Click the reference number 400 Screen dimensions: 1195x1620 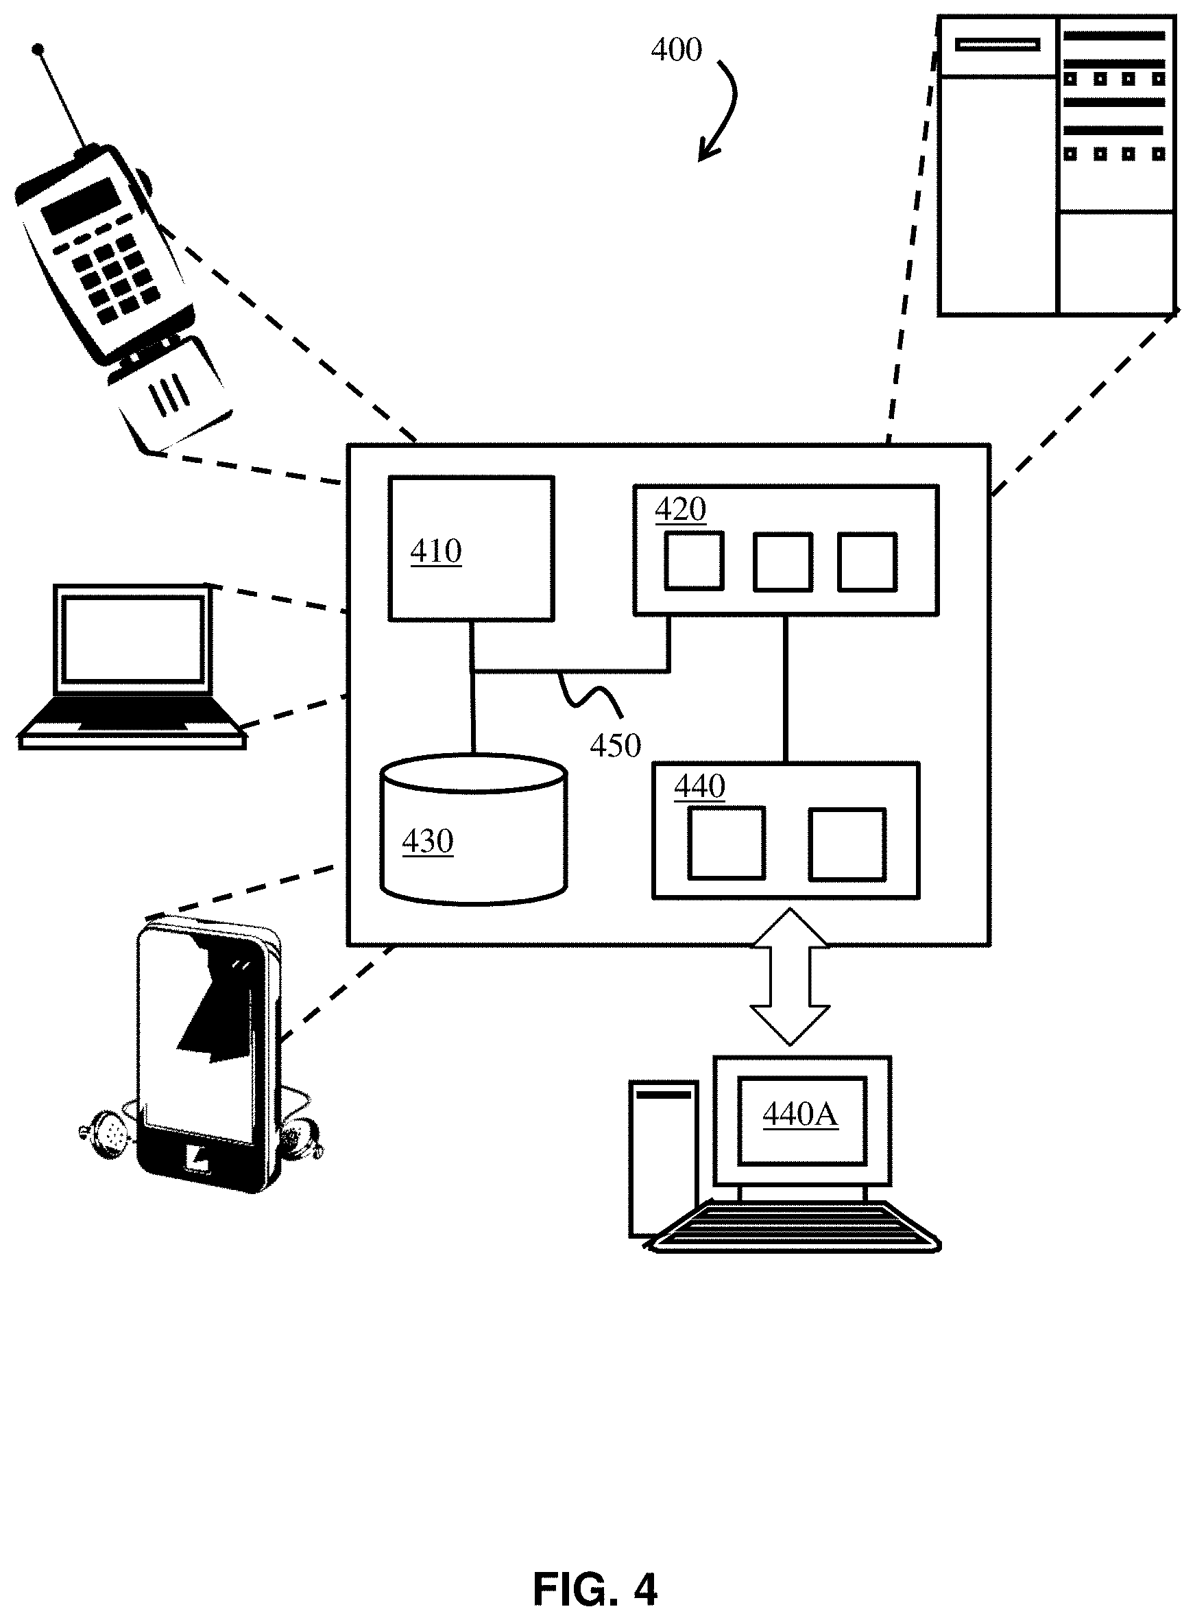[x=677, y=50]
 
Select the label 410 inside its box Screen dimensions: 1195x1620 [x=435, y=551]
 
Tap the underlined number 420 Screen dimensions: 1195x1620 [x=680, y=510]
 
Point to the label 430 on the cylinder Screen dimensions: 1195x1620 [x=428, y=842]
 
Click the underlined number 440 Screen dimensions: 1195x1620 [x=699, y=787]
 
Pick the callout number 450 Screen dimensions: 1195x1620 [x=615, y=746]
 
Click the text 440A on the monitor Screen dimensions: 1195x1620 [x=800, y=1115]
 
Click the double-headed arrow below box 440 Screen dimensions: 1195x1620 [x=789, y=977]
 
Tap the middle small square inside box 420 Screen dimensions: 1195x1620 [x=783, y=562]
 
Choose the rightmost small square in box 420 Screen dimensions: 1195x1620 [x=867, y=562]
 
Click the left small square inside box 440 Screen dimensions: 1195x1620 [x=726, y=844]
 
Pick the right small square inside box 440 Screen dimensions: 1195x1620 [x=847, y=844]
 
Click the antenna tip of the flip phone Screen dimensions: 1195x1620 [x=38, y=50]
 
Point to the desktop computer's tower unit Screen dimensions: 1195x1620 [x=662, y=1158]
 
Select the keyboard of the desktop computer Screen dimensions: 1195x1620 [x=794, y=1227]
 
